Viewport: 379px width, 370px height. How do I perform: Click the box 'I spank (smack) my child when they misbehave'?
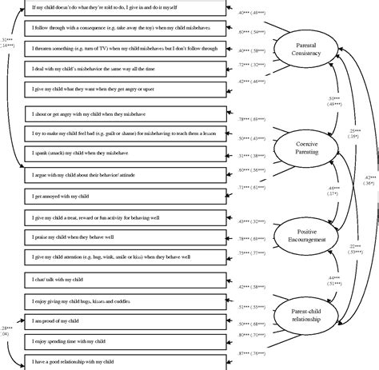123,150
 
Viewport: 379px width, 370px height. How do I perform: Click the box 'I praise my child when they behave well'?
123,237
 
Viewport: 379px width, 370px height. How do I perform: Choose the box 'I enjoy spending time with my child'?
123,341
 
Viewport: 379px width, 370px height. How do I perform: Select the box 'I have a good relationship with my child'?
123,362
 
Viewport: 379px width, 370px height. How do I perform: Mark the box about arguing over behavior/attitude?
123,171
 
